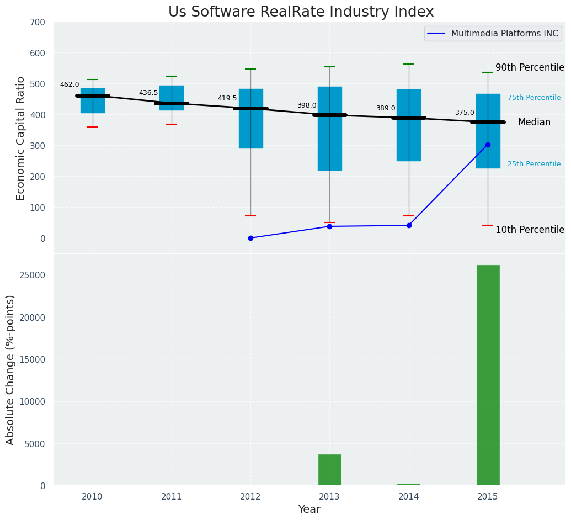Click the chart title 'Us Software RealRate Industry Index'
[301, 12]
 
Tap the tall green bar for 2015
[488, 375]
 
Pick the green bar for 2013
[329, 470]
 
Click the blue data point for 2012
[250, 238]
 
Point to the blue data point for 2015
[488, 145]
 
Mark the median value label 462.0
[70, 84]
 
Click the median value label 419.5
[227, 98]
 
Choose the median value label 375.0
[465, 113]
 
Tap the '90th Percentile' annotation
[530, 67]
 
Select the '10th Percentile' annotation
[530, 230]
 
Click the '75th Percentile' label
[533, 98]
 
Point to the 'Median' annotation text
[533, 122]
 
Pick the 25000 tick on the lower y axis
[34, 275]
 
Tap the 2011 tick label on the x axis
[171, 497]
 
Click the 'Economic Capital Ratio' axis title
[21, 138]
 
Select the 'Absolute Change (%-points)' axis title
[10, 369]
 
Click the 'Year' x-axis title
[309, 510]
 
